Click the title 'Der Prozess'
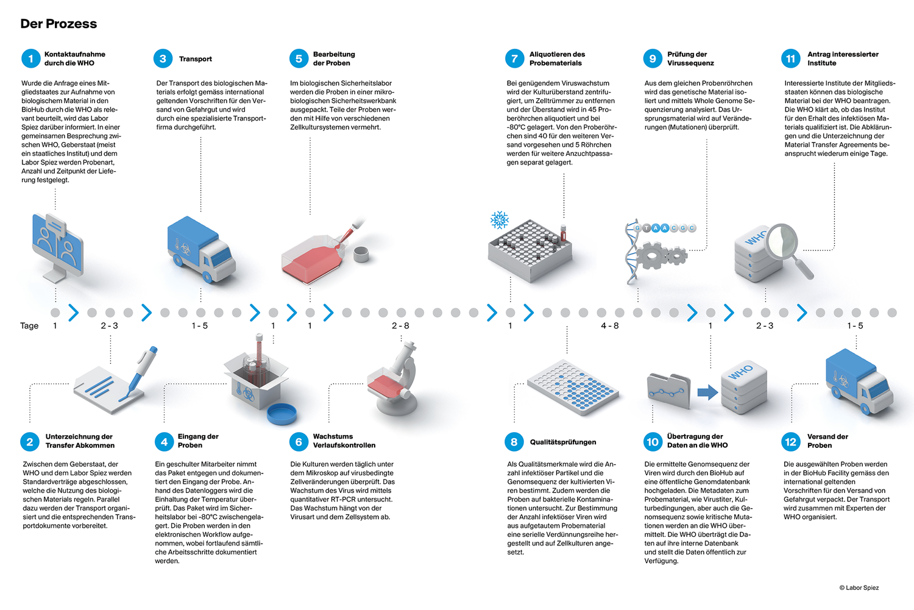click(x=58, y=24)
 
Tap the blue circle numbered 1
click(x=30, y=59)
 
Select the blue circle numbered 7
click(x=514, y=59)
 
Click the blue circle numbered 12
click(x=790, y=442)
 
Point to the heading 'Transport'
click(x=196, y=59)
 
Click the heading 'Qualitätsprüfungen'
click(x=563, y=442)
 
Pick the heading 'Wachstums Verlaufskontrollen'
click(x=344, y=441)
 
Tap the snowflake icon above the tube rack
click(x=500, y=220)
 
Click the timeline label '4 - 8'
click(x=609, y=326)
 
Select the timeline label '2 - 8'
click(x=400, y=326)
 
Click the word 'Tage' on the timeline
click(x=29, y=326)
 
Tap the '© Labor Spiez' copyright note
click(x=859, y=588)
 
